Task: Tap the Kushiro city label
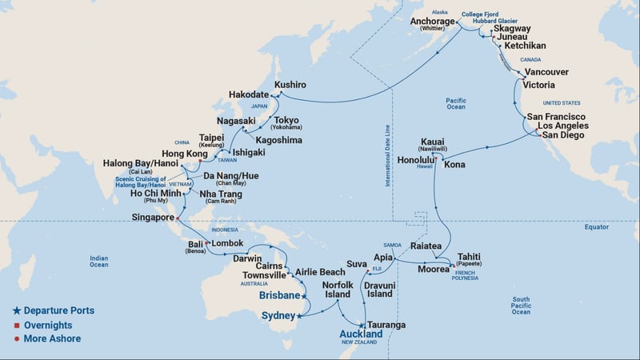point(290,84)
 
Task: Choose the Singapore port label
point(153,218)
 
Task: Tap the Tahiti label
point(470,258)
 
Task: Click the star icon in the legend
point(16,310)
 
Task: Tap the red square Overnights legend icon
point(16,325)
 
